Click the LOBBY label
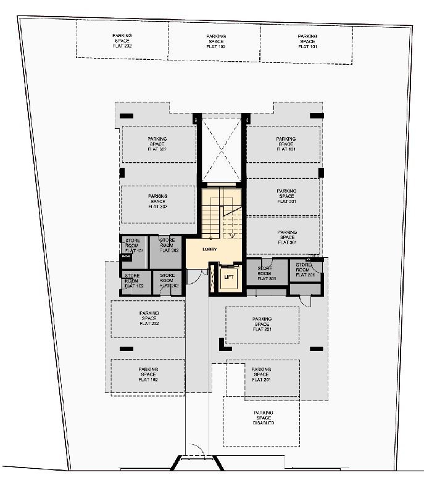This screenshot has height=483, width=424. click(x=210, y=249)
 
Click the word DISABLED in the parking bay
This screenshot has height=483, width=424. click(x=264, y=423)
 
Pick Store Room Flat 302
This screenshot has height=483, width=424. click(x=168, y=246)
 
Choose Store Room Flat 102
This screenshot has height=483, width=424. click(x=133, y=281)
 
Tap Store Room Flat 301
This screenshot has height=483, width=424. click(x=266, y=273)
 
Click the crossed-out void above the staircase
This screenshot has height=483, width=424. click(x=220, y=149)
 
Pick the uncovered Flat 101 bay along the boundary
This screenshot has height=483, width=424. click(x=307, y=41)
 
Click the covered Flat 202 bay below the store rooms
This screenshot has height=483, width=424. click(x=148, y=318)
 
